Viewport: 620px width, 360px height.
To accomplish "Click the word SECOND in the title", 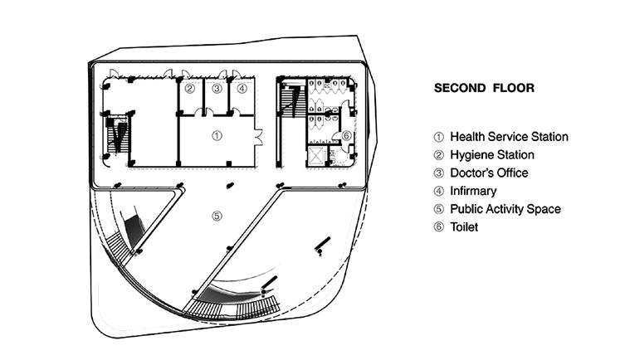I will pos(461,87).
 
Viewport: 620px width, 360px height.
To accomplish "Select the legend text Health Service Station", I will pos(509,137).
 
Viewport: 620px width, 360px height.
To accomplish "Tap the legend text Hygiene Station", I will pos(492,155).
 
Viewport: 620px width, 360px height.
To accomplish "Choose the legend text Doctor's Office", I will pos(489,173).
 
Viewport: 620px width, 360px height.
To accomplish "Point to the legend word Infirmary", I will pos(473,192).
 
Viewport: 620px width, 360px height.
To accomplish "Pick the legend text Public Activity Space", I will pos(505,209).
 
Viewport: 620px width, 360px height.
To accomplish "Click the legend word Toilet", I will pos(464,227).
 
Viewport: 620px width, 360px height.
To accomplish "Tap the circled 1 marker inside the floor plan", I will pos(217,134).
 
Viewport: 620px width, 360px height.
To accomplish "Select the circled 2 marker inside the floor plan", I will pos(189,88).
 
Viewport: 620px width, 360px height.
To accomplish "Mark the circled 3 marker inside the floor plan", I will pos(217,88).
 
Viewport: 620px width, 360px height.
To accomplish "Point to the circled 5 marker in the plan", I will pos(217,216).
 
